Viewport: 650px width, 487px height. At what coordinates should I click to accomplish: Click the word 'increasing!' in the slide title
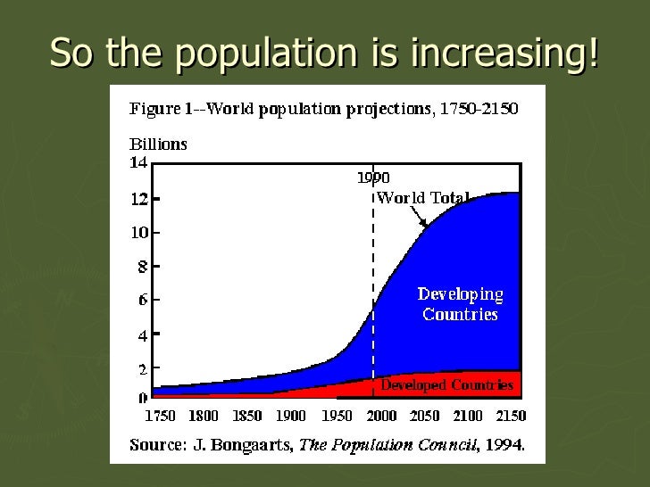point(505,54)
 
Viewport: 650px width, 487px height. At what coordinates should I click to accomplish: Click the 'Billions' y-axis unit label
point(159,144)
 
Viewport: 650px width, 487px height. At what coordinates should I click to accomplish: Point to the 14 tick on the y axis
point(139,163)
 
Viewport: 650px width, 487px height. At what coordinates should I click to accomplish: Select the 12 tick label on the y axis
point(139,199)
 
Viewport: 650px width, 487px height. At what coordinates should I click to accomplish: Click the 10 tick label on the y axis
point(139,233)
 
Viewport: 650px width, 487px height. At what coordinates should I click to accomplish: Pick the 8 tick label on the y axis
point(142,266)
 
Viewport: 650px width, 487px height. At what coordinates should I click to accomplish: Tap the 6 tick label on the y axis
point(142,301)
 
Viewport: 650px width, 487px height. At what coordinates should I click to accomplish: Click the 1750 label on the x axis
point(161,416)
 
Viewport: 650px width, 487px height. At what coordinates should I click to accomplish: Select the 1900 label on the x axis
point(290,416)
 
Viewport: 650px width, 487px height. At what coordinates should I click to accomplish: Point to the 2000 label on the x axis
point(381,416)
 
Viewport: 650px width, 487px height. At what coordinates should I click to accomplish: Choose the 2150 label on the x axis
point(510,416)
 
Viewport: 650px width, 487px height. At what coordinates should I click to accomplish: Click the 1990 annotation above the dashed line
point(373,177)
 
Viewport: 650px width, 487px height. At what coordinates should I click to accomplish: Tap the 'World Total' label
point(422,198)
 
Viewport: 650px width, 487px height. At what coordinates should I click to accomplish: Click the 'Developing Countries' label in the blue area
point(461,304)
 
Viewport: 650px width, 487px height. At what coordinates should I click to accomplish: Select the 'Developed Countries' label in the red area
point(446,385)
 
